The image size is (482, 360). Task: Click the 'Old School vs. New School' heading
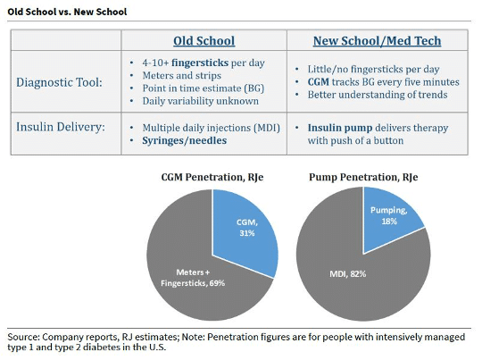click(67, 12)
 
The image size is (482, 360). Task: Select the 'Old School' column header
click(204, 40)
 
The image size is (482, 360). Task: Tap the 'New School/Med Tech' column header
click(378, 40)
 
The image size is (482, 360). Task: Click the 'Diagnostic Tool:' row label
click(59, 82)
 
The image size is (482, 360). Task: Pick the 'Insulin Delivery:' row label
click(61, 127)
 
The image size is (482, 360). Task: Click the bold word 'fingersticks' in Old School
click(200, 63)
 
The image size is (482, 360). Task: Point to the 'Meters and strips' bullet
click(182, 75)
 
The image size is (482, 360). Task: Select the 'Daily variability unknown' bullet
click(201, 101)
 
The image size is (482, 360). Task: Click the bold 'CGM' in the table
click(318, 82)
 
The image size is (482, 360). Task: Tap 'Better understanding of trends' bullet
click(378, 95)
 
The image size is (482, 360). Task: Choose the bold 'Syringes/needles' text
click(185, 140)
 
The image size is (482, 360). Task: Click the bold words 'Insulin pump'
click(340, 128)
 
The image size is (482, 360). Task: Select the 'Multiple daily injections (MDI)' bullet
click(212, 128)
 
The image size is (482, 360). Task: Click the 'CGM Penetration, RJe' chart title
click(212, 177)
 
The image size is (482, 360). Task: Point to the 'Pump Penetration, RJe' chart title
click(363, 177)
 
